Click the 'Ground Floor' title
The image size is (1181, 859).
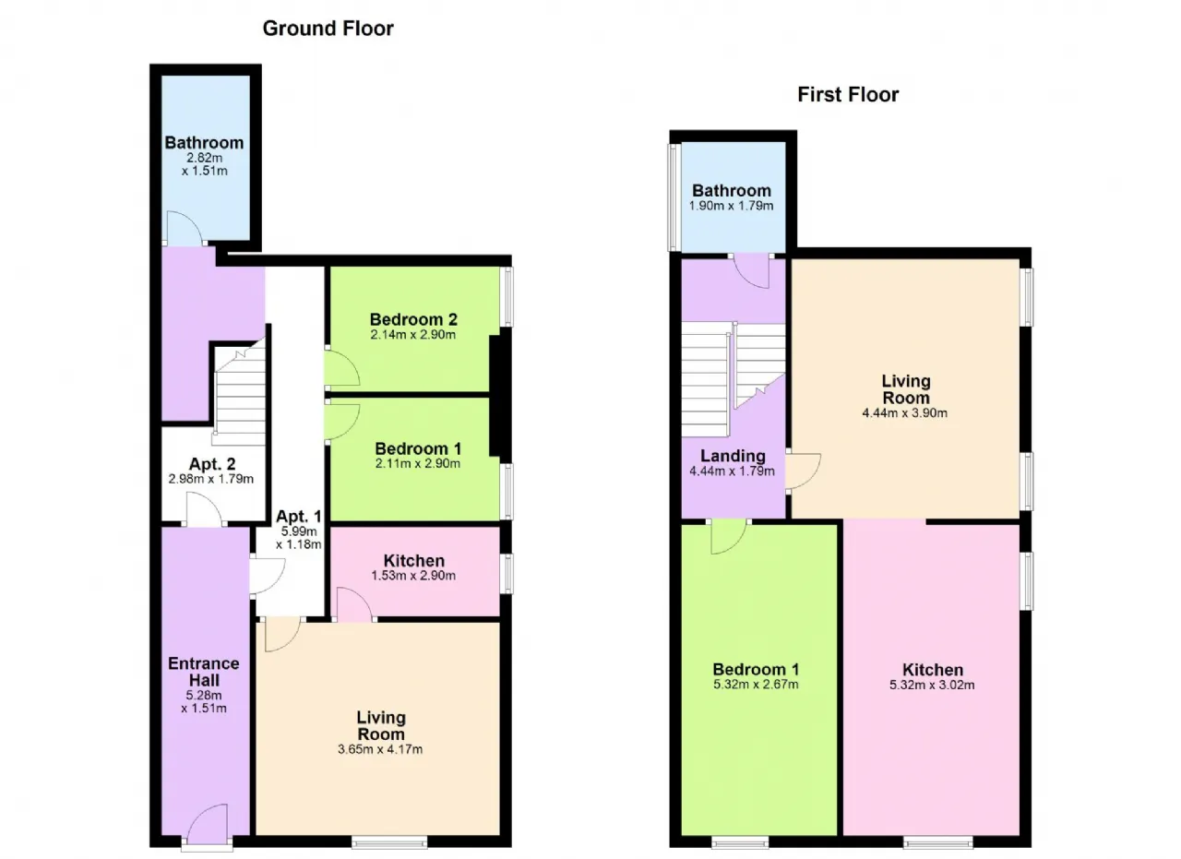point(328,29)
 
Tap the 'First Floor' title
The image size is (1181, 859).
point(848,95)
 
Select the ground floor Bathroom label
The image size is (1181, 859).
point(204,142)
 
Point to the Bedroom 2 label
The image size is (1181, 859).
point(413,319)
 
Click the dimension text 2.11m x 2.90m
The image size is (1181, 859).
point(418,463)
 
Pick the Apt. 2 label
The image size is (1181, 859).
point(212,464)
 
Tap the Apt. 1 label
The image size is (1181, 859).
point(298,516)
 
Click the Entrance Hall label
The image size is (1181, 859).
point(204,672)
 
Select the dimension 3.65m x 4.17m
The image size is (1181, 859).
point(380,749)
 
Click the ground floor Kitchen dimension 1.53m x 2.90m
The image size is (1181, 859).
point(413,576)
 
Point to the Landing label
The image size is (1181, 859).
point(733,456)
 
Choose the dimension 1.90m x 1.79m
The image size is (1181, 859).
point(732,206)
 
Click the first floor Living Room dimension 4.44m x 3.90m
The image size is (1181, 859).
point(905,412)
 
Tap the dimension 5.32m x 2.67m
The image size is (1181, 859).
point(756,685)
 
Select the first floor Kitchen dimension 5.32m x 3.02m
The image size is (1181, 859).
point(932,685)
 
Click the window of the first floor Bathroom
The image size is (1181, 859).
point(674,197)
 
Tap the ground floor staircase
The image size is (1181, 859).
point(240,393)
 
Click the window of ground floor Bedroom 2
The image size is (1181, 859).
point(507,297)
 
